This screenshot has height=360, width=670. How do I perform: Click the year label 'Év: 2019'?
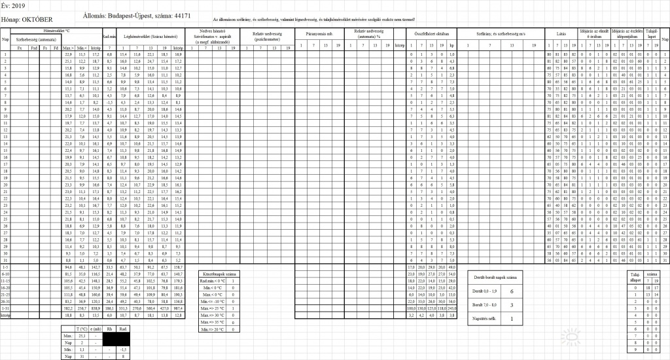tap(12, 5)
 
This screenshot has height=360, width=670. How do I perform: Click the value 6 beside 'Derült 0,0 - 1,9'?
tap(529, 290)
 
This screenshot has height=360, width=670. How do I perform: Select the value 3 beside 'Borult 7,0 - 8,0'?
tap(529, 304)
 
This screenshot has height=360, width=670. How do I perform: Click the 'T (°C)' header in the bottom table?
tap(83, 328)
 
